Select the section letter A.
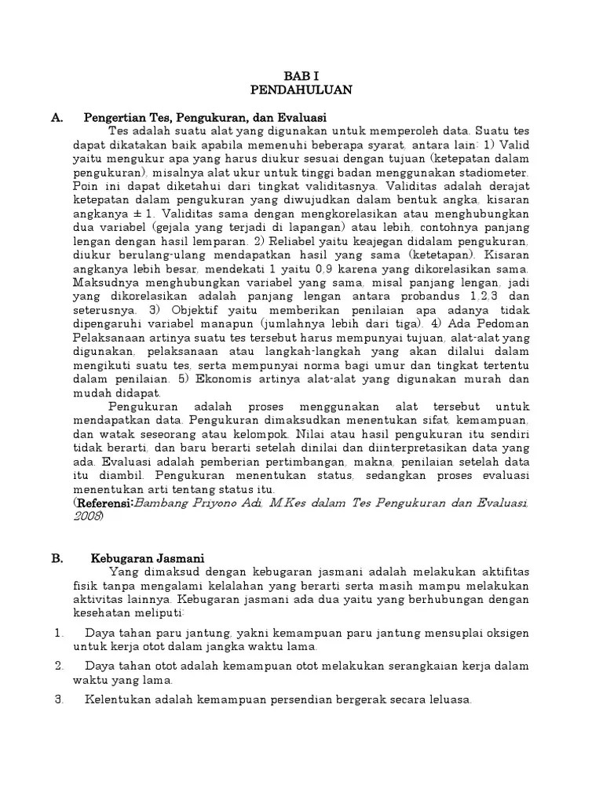coord(57,117)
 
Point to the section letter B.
coord(57,558)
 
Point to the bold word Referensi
coord(104,502)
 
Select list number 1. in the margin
coord(58,633)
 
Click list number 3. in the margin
coord(58,700)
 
